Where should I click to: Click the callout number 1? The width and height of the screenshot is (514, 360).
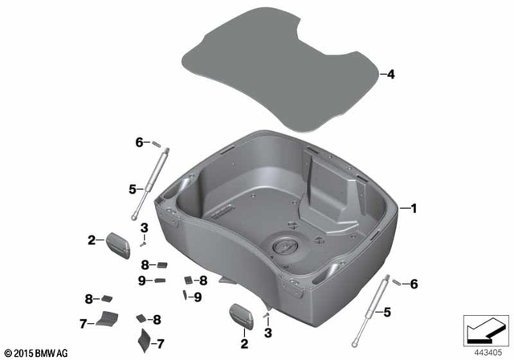point(414,208)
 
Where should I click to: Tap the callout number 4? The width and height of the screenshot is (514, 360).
point(391,75)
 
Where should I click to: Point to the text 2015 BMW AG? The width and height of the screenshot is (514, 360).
point(38,352)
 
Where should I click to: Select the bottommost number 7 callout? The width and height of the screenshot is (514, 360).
point(157,342)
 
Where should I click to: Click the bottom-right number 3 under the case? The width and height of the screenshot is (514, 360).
point(268,332)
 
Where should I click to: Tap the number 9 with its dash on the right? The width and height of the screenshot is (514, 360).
point(141,280)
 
